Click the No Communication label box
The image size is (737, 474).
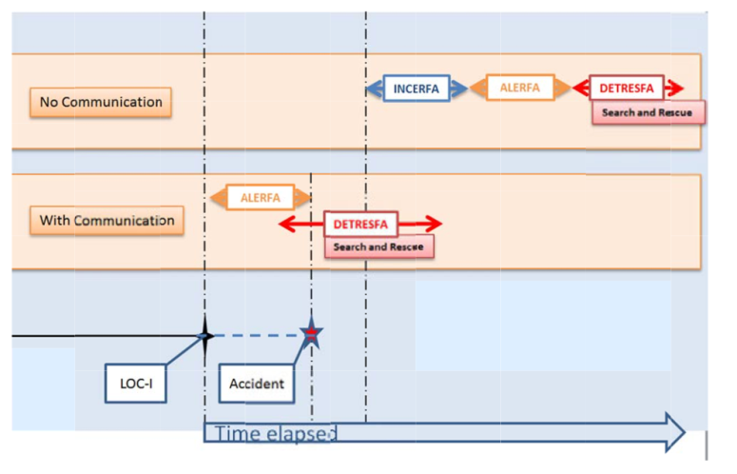tap(101, 102)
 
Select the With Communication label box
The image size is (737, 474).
tap(107, 221)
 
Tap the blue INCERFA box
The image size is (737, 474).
tap(416, 89)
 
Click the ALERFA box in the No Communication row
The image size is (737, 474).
tap(519, 88)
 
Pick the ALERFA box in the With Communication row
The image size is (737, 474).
tap(260, 198)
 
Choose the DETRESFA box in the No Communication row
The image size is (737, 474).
tap(626, 89)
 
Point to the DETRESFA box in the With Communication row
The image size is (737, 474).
tap(360, 225)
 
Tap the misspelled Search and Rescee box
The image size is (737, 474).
tap(378, 247)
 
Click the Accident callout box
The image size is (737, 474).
tap(257, 384)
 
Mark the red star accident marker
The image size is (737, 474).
tap(311, 334)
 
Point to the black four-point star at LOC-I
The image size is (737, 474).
tap(204, 335)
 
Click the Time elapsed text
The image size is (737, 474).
tap(276, 434)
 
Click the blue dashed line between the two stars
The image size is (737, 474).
tap(257, 335)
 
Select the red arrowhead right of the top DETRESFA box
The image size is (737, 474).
tap(674, 89)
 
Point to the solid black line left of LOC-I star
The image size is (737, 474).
tap(105, 335)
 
